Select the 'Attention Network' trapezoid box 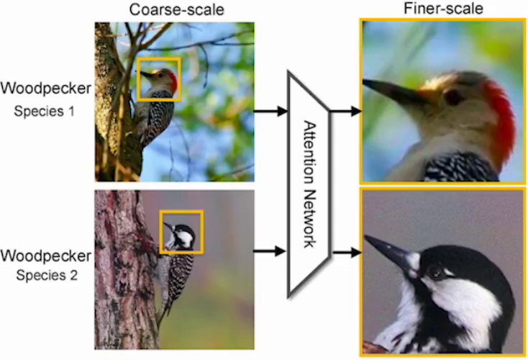tap(307, 184)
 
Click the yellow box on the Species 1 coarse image tap(158, 79)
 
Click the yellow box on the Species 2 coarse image tap(181, 232)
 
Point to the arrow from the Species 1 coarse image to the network tap(270, 112)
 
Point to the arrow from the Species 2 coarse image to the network tap(270, 251)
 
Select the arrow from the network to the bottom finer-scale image tap(345, 253)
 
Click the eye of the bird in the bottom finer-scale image tap(435, 271)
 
